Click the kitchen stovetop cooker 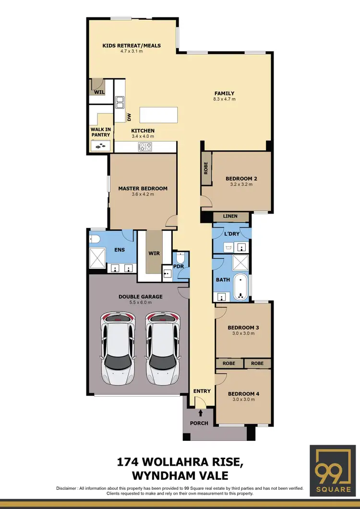145,147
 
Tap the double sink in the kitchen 120,102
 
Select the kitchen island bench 158,116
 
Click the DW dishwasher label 129,117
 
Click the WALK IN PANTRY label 101,132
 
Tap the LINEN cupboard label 230,217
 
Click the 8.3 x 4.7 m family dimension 224,99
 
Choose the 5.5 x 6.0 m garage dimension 141,303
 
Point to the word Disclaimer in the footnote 70,488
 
